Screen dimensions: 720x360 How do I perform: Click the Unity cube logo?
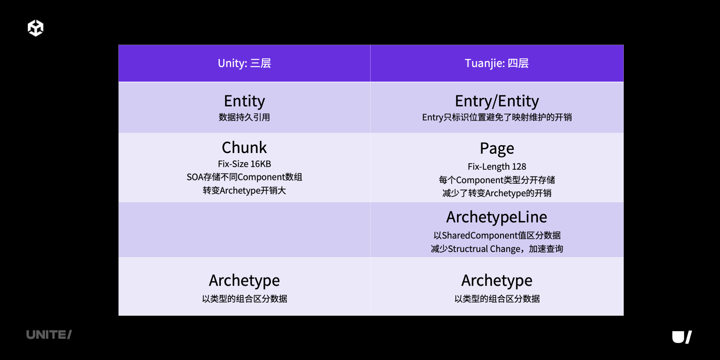pyautogui.click(x=36, y=28)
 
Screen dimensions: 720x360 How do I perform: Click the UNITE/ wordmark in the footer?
pyautogui.click(x=49, y=335)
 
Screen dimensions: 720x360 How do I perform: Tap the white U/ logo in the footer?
pyautogui.click(x=682, y=337)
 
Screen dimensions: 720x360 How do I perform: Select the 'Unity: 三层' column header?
pyautogui.click(x=244, y=63)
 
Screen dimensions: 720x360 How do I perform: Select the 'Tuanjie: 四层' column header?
pyautogui.click(x=497, y=63)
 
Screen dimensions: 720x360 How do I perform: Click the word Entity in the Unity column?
pyautogui.click(x=244, y=101)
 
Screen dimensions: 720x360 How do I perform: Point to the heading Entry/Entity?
pyautogui.click(x=497, y=101)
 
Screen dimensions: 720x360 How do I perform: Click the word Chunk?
pyautogui.click(x=244, y=147)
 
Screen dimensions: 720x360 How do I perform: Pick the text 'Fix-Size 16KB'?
pyautogui.click(x=244, y=164)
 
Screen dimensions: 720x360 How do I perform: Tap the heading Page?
pyautogui.click(x=497, y=149)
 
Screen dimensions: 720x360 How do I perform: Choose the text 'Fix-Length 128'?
pyautogui.click(x=497, y=167)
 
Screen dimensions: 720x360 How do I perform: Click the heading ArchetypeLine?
pyautogui.click(x=497, y=217)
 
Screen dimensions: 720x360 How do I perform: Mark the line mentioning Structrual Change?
pyautogui.click(x=497, y=249)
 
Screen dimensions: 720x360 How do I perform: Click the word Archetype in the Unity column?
pyautogui.click(x=244, y=281)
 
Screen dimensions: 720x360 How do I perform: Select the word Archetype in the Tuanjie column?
pyautogui.click(x=497, y=281)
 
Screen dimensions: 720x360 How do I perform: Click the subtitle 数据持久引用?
pyautogui.click(x=244, y=117)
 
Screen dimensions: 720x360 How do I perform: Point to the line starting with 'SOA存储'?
pyautogui.click(x=244, y=177)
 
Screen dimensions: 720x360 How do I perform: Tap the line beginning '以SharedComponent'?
pyautogui.click(x=497, y=236)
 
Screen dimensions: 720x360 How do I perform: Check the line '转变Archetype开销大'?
pyautogui.click(x=244, y=191)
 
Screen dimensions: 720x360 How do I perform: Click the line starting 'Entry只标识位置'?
pyautogui.click(x=497, y=117)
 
